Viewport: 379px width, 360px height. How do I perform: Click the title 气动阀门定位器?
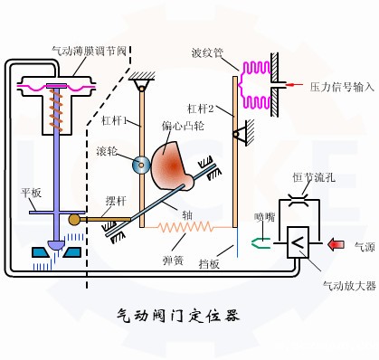pos(178,316)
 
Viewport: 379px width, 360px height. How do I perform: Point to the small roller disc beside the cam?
pos(140,165)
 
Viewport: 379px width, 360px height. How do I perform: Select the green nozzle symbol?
pos(261,242)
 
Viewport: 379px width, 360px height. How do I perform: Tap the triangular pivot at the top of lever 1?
pos(139,87)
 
